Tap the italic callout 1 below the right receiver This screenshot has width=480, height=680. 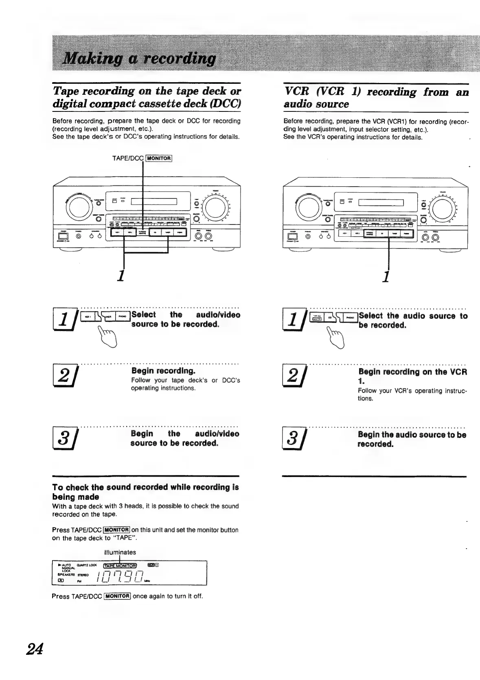pos(386,276)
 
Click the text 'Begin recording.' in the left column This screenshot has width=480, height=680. pos(163,371)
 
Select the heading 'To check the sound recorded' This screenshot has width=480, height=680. pos(145,492)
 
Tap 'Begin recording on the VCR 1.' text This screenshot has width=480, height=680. pos(412,376)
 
